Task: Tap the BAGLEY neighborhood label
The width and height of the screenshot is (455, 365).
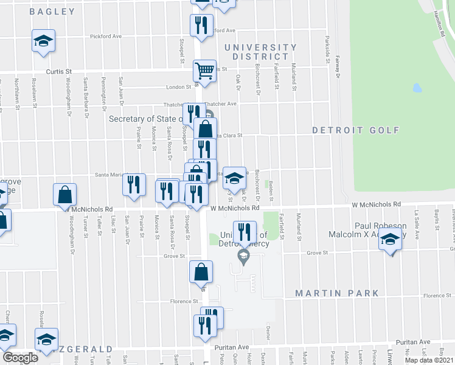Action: [52, 12]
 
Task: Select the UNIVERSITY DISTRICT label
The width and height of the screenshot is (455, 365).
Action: [260, 52]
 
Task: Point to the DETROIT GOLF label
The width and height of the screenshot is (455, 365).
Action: [356, 130]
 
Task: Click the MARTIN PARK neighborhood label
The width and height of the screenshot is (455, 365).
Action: [337, 293]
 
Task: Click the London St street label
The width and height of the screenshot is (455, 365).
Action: [178, 87]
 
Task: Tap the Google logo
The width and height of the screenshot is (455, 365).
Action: [20, 357]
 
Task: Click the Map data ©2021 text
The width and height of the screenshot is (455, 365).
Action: [428, 361]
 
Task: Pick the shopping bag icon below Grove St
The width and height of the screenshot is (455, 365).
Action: [201, 273]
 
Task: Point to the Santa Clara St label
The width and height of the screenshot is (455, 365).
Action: [227, 136]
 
